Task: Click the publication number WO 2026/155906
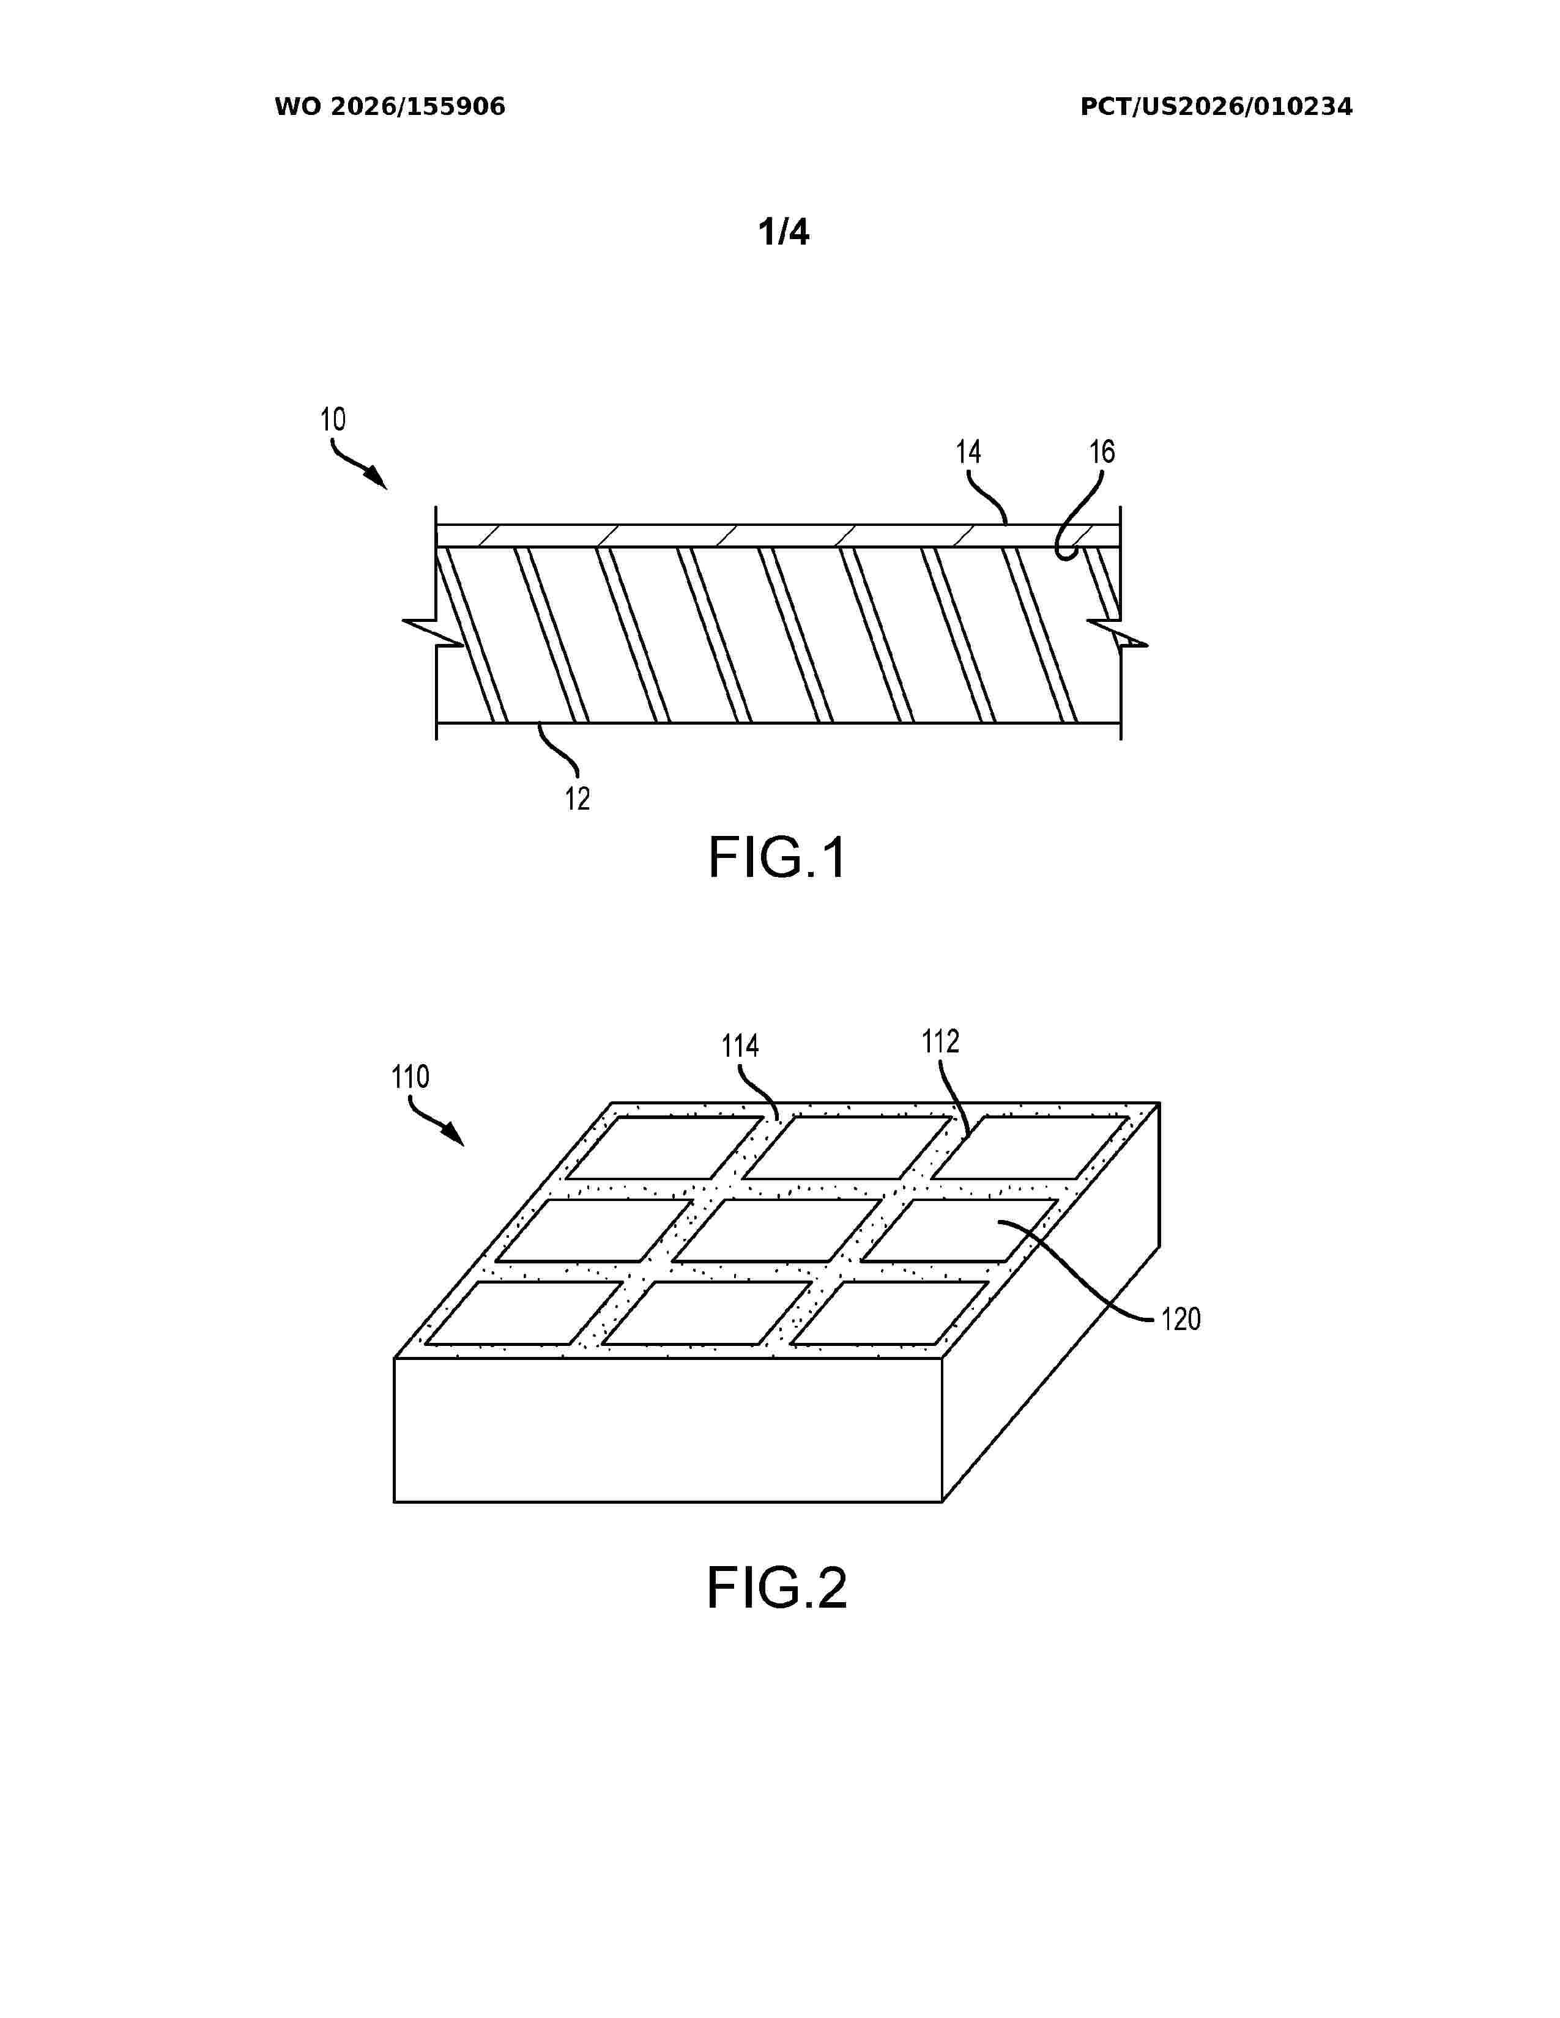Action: pyautogui.click(x=390, y=107)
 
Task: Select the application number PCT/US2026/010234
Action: pyautogui.click(x=1216, y=107)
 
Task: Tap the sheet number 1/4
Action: pyautogui.click(x=784, y=233)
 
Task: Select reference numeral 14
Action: pyautogui.click(x=968, y=452)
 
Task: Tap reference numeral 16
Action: pyautogui.click(x=1102, y=452)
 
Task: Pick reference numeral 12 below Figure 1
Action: pyautogui.click(x=578, y=798)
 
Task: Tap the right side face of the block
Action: pyautogui.click(x=1052, y=1302)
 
